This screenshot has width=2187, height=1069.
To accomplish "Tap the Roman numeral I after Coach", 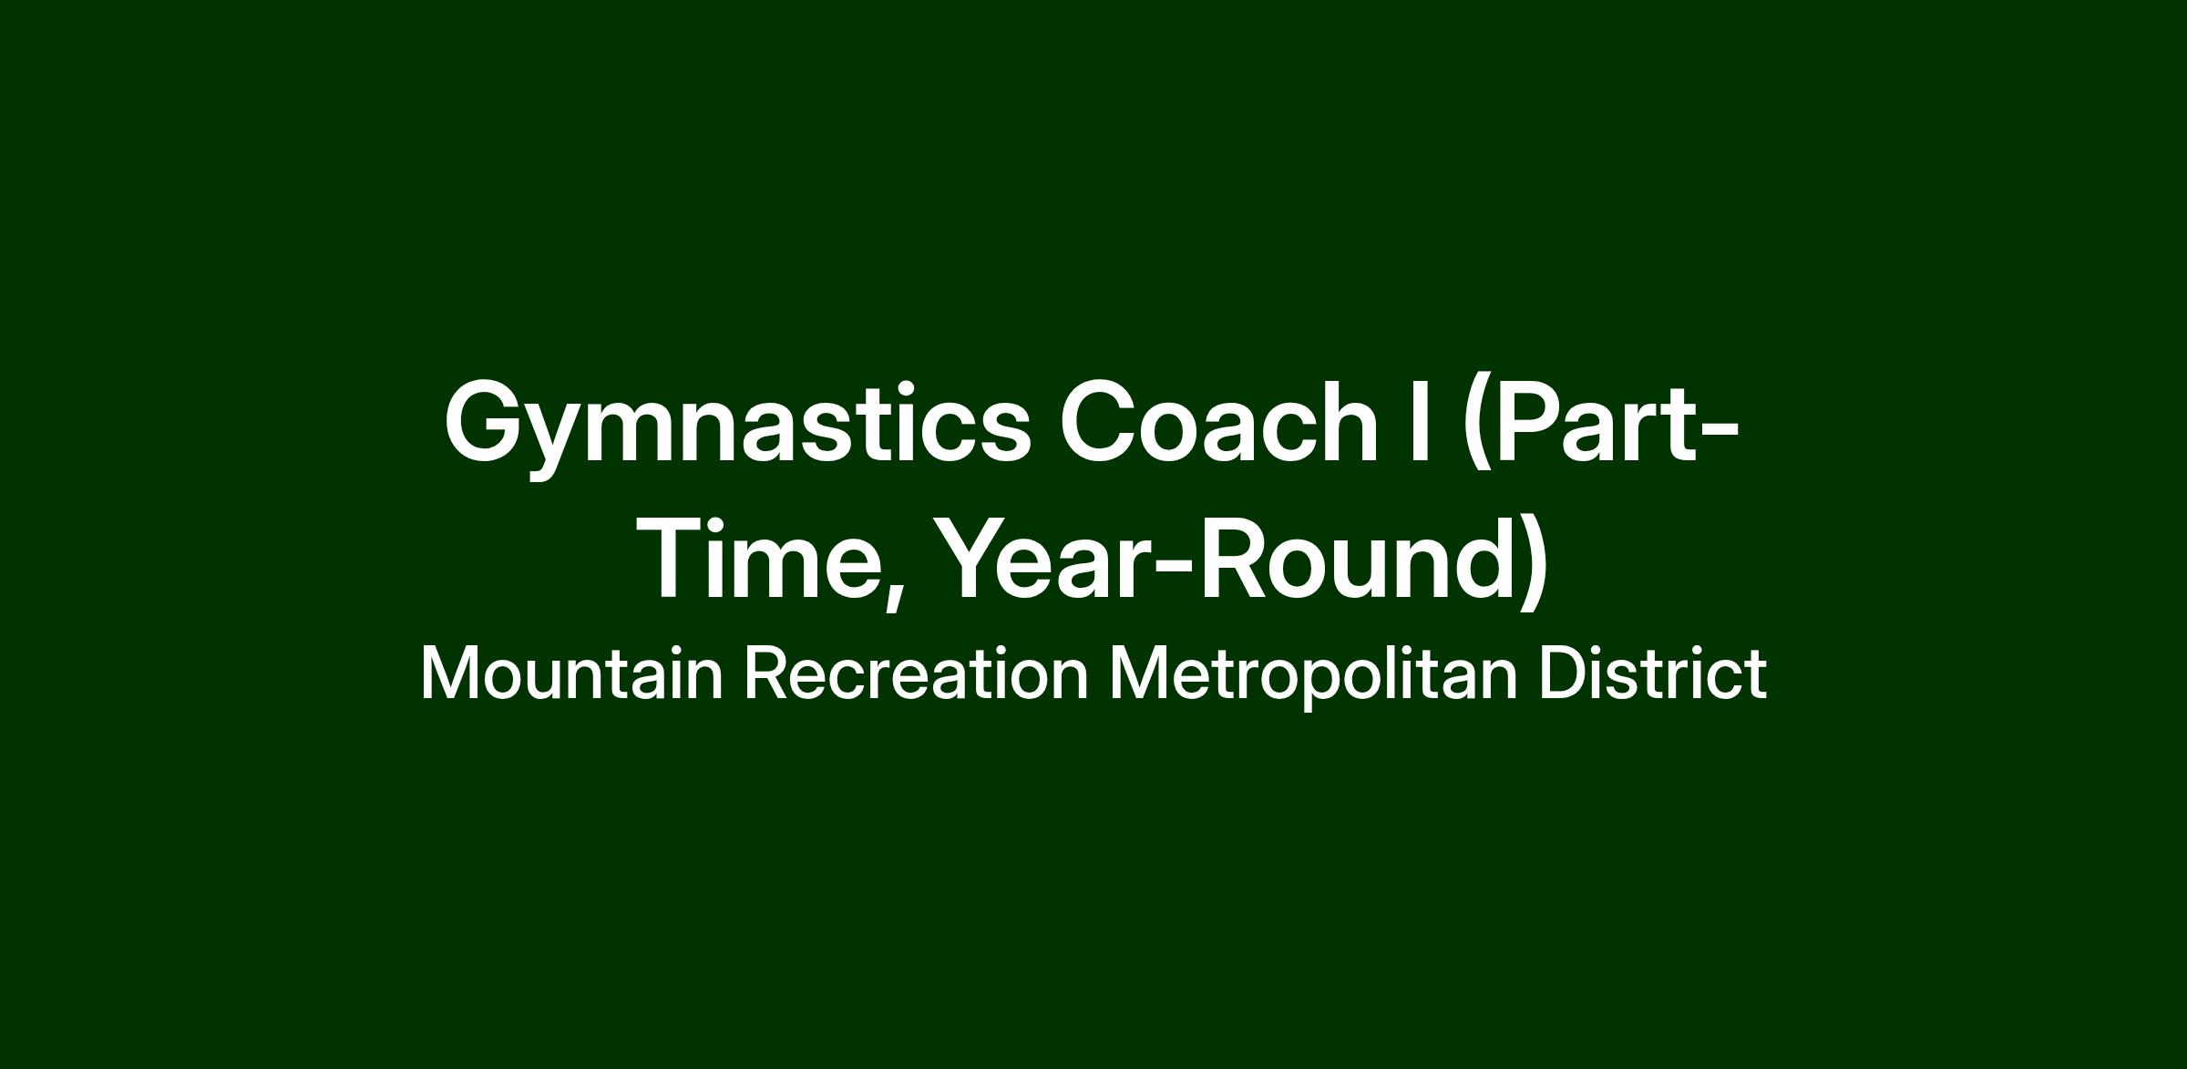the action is tap(1418, 421).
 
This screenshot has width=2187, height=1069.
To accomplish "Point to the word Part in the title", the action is tap(1595, 421).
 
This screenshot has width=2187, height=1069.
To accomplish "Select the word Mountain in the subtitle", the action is tap(572, 673).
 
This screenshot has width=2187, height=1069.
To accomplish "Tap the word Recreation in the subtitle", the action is tap(917, 673).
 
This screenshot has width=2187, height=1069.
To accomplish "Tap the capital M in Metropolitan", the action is tap(1140, 673).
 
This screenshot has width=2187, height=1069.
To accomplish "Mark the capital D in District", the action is tap(1566, 673).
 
